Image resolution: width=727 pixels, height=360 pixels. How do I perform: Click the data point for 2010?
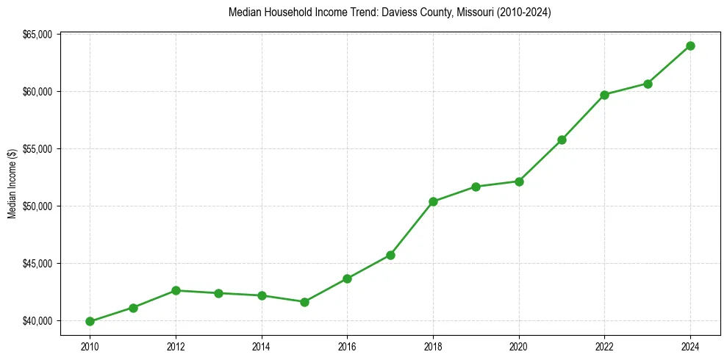click(x=90, y=321)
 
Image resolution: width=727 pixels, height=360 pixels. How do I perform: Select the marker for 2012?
click(x=176, y=290)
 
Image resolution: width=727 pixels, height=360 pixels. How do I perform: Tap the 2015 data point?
click(x=304, y=302)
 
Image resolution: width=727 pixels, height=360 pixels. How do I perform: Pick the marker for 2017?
click(x=390, y=255)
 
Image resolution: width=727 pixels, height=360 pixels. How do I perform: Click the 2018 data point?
click(x=433, y=201)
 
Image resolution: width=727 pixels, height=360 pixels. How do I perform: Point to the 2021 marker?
click(x=562, y=140)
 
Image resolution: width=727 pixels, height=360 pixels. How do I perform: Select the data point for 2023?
click(x=648, y=84)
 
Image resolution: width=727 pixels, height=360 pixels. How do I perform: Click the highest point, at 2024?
click(x=690, y=46)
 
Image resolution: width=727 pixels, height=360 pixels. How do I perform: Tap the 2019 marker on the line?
click(x=476, y=187)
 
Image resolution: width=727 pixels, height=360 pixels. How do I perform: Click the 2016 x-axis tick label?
click(x=347, y=345)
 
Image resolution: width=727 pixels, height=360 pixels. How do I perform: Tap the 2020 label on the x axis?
click(x=519, y=345)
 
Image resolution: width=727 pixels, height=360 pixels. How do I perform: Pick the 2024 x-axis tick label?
click(x=690, y=345)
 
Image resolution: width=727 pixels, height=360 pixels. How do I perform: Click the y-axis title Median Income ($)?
click(x=12, y=184)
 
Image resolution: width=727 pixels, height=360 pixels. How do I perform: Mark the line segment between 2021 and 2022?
click(x=583, y=118)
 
